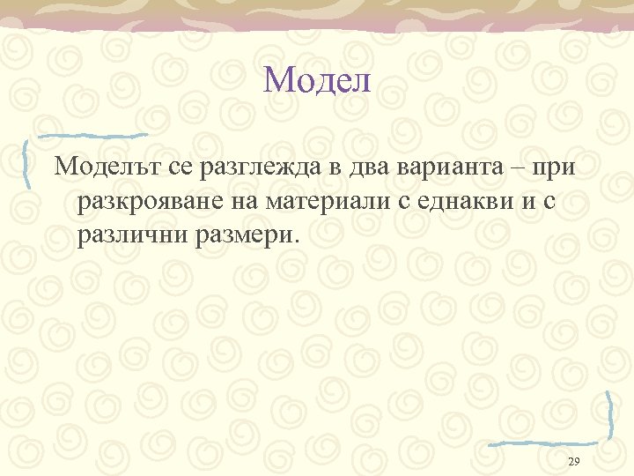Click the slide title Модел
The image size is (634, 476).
317,81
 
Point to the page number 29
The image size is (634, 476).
574,463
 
